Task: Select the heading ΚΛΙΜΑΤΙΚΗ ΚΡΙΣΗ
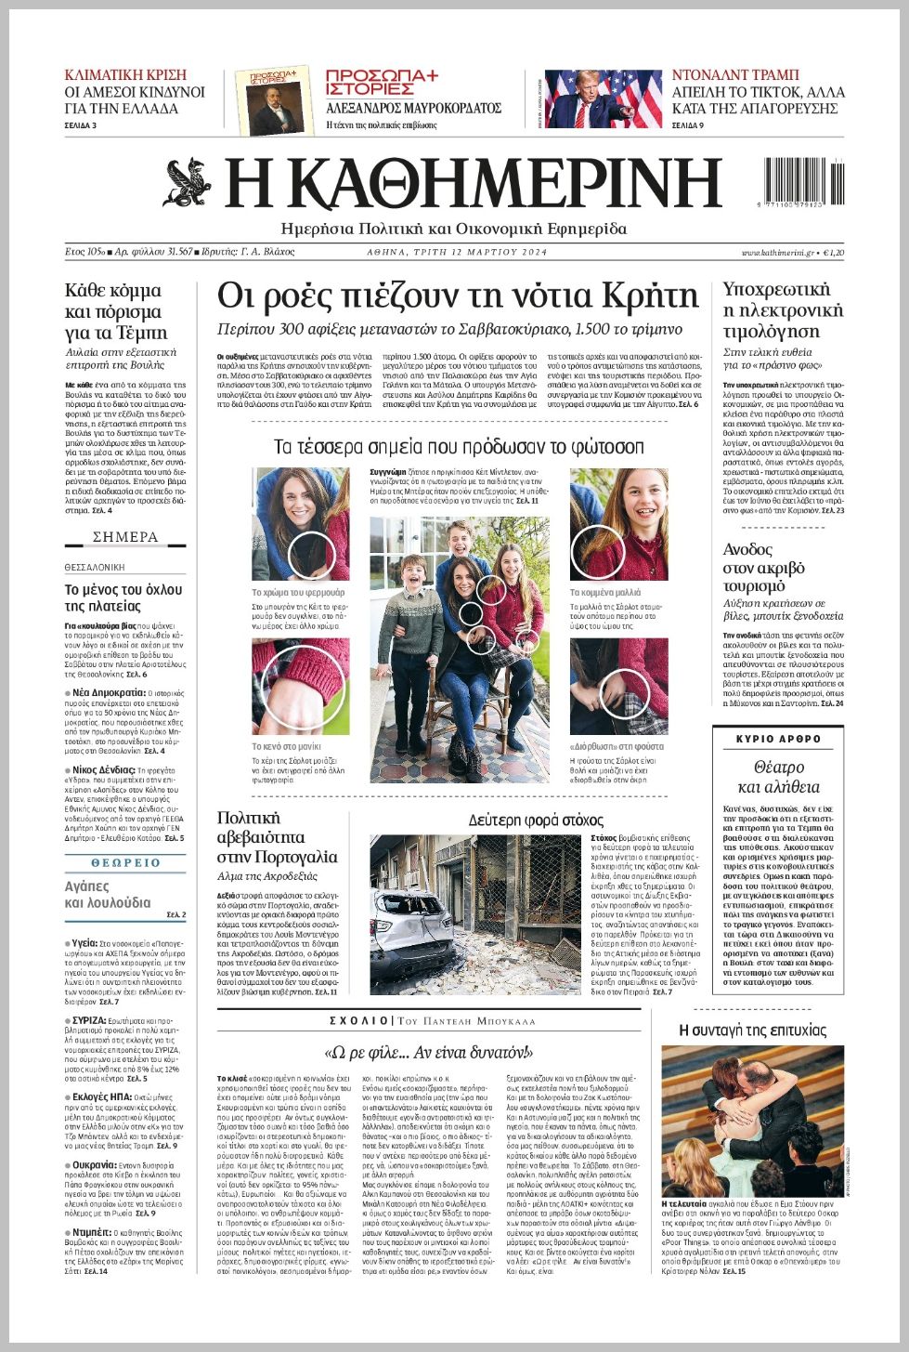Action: pyautogui.click(x=125, y=74)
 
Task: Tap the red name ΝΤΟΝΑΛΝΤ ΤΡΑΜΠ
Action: pyautogui.click(x=735, y=74)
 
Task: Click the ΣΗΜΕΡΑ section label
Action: pyautogui.click(x=125, y=537)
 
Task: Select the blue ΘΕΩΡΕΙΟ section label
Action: pyautogui.click(x=125, y=862)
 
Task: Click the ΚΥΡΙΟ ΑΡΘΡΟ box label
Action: pyautogui.click(x=778, y=739)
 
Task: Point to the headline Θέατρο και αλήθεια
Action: pyautogui.click(x=778, y=777)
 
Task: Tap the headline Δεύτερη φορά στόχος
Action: pyautogui.click(x=536, y=820)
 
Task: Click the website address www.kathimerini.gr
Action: pyautogui.click(x=777, y=253)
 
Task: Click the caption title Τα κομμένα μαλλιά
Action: pyautogui.click(x=604, y=592)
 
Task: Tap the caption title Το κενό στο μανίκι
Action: pyautogui.click(x=286, y=746)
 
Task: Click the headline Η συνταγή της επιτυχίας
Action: pyautogui.click(x=752, y=1030)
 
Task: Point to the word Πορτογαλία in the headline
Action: pyautogui.click(x=290, y=857)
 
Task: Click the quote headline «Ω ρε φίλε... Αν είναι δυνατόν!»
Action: pyautogui.click(x=428, y=1052)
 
